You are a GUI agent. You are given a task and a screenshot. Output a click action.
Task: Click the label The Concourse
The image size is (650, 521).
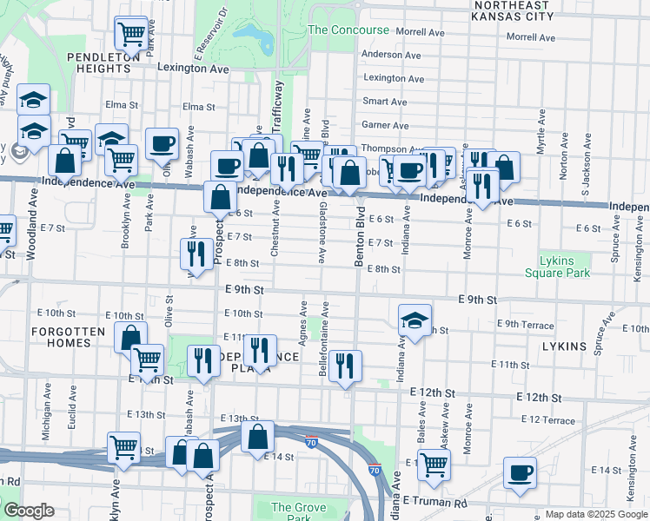click(348, 30)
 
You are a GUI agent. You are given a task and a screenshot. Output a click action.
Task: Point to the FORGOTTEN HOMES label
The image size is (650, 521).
click(61, 337)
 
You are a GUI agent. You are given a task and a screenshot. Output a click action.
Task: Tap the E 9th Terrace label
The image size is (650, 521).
click(525, 325)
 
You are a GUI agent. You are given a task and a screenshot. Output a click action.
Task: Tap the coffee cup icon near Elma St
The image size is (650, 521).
click(162, 143)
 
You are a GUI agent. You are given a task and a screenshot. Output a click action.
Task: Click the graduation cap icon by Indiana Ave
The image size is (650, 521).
click(415, 320)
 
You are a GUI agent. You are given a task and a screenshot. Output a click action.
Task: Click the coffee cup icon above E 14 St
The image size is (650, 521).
click(521, 472)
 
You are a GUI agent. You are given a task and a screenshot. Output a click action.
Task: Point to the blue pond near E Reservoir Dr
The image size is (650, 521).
click(253, 36)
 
